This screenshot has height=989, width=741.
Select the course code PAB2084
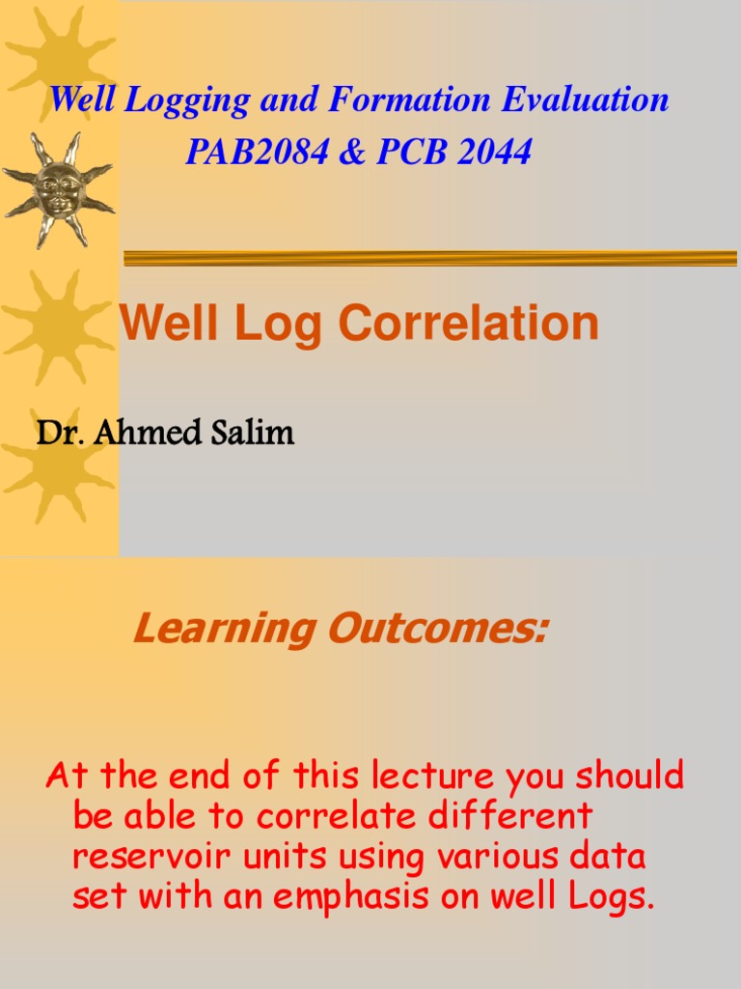(x=257, y=152)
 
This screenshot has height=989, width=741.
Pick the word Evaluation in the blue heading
(x=586, y=99)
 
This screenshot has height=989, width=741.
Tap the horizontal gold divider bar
(x=429, y=258)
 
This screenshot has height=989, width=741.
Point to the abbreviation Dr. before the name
(x=52, y=434)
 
